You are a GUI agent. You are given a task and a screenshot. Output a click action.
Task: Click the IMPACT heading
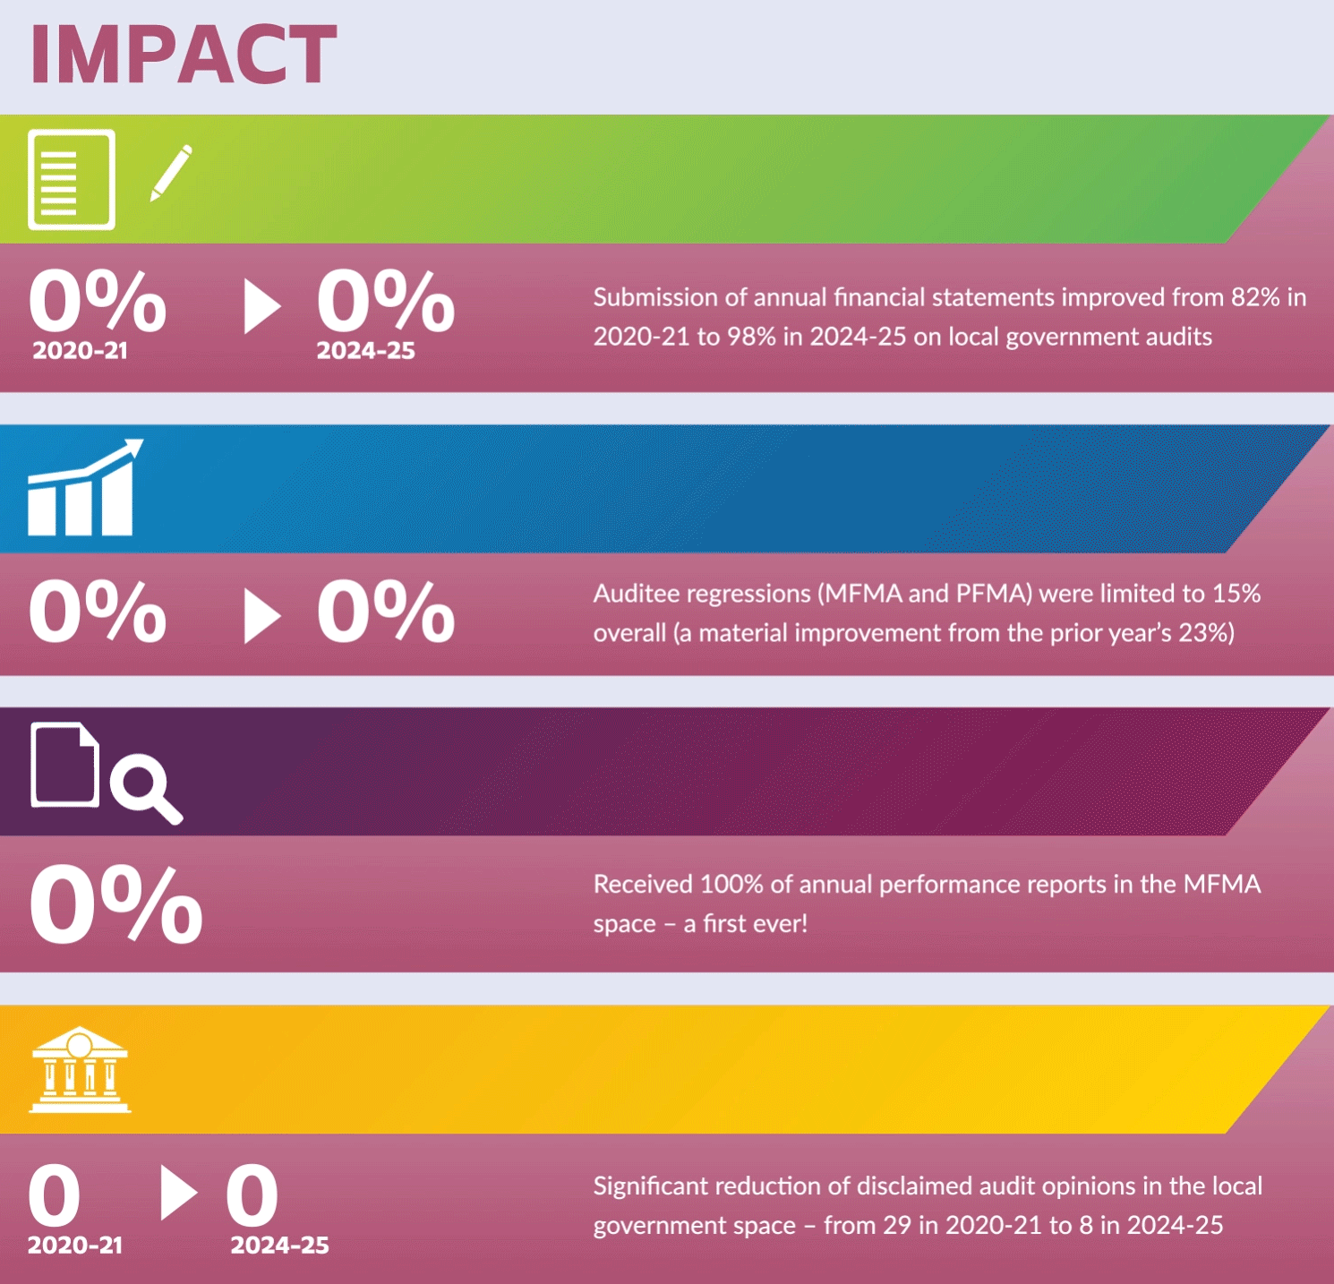pyautogui.click(x=184, y=55)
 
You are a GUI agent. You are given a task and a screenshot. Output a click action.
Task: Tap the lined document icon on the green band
pyautogui.click(x=72, y=179)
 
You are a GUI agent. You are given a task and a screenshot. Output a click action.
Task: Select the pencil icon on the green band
pyautogui.click(x=171, y=172)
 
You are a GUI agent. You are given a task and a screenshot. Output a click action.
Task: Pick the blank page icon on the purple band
pyautogui.click(x=64, y=765)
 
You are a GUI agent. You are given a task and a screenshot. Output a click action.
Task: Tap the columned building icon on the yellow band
pyautogui.click(x=80, y=1069)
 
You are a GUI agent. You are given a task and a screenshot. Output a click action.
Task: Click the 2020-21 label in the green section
pyautogui.click(x=80, y=351)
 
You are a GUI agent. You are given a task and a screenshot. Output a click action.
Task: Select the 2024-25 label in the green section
pyautogui.click(x=365, y=351)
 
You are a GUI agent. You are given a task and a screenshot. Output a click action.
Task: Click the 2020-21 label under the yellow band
pyautogui.click(x=75, y=1245)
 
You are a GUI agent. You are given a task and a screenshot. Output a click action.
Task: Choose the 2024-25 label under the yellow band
pyautogui.click(x=280, y=1245)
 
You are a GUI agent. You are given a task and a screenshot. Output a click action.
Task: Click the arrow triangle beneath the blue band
pyautogui.click(x=262, y=616)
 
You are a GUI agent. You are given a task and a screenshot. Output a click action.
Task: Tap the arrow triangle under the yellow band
pyautogui.click(x=179, y=1193)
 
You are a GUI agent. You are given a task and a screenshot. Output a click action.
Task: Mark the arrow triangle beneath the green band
pyautogui.click(x=262, y=306)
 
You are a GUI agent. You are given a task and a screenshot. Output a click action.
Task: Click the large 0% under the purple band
pyautogui.click(x=116, y=904)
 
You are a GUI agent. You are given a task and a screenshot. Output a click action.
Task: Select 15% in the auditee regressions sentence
pyautogui.click(x=1236, y=594)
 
